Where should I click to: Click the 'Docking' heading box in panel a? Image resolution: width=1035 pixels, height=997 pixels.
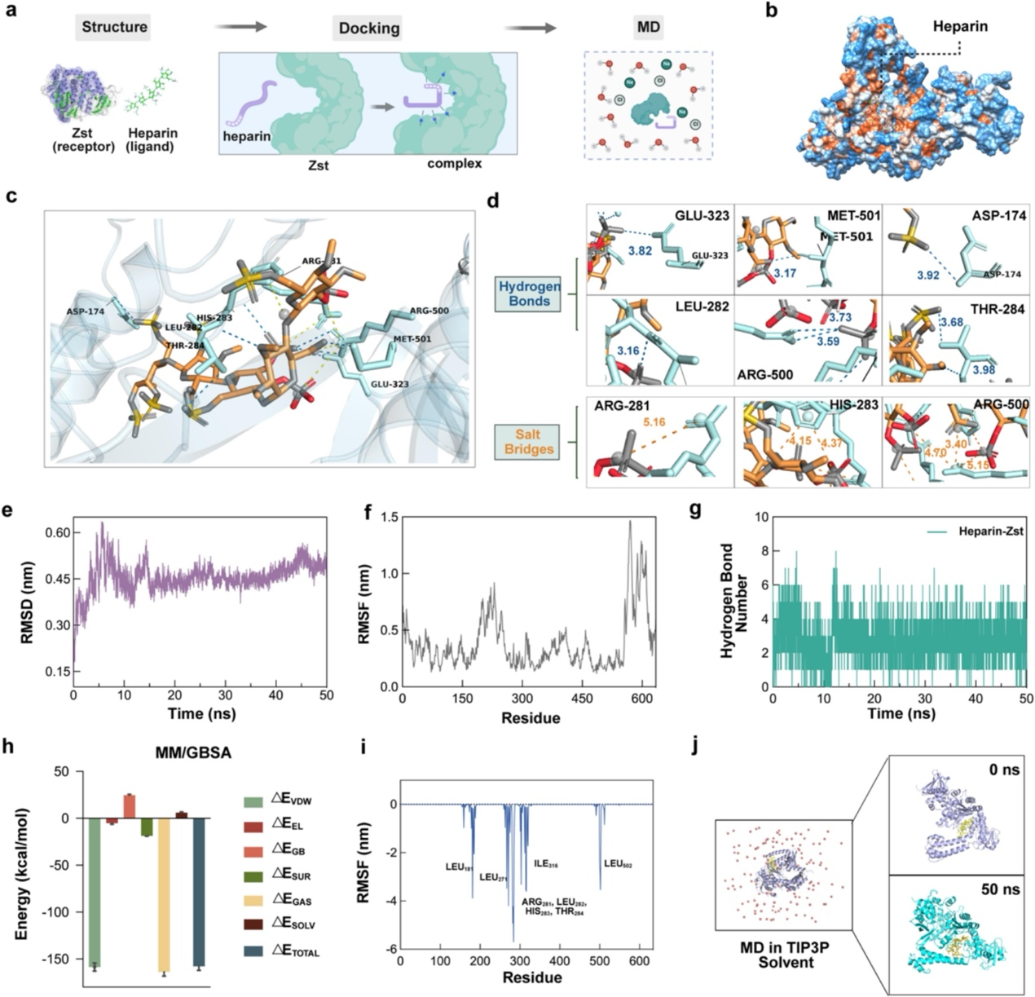coord(368,28)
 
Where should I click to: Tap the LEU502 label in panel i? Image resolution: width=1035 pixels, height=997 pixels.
coord(618,863)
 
